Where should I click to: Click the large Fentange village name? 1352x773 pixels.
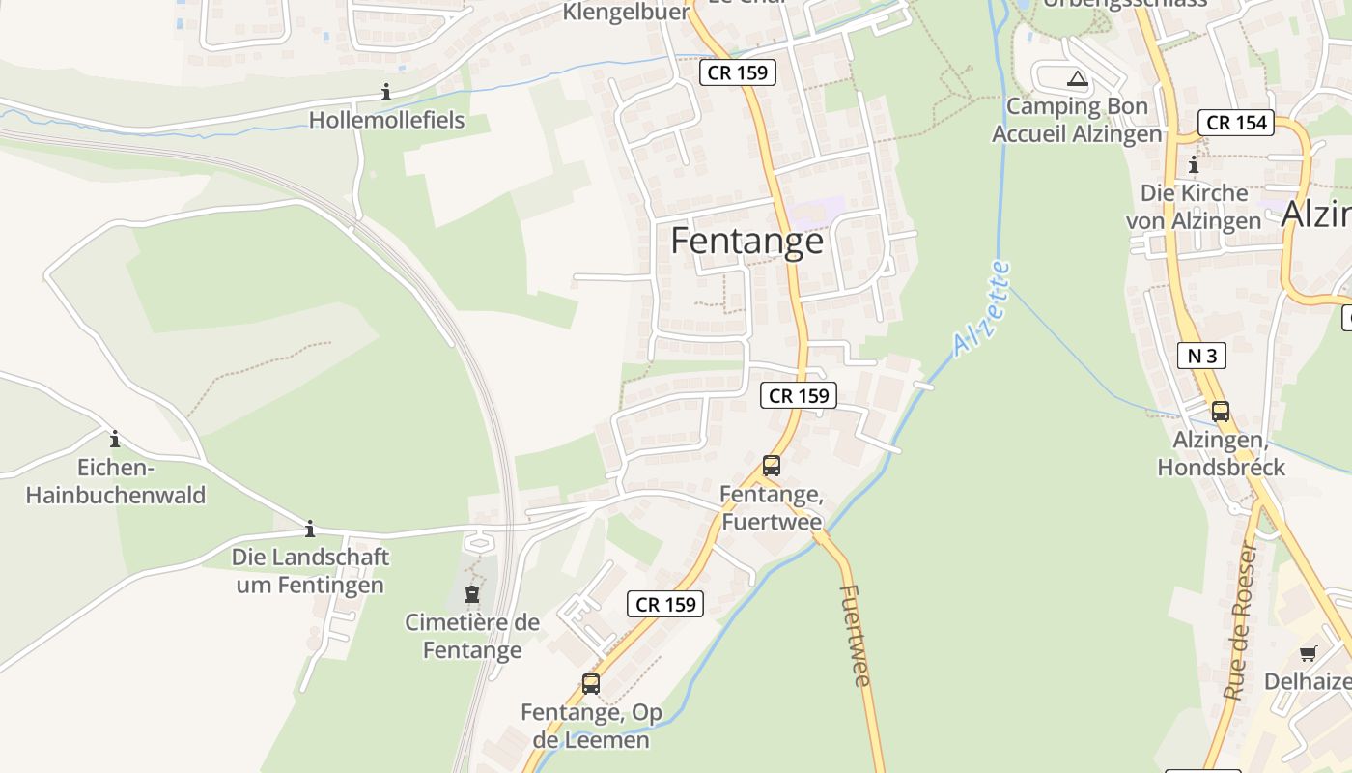click(x=746, y=241)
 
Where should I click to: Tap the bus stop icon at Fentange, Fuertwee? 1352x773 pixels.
click(x=771, y=465)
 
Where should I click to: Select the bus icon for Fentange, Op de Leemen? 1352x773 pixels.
click(x=590, y=683)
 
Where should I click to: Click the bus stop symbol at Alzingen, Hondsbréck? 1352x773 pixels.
click(x=1221, y=411)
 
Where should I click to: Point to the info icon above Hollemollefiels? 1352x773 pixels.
click(x=386, y=92)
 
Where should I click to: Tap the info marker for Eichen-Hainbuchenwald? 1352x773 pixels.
click(x=115, y=439)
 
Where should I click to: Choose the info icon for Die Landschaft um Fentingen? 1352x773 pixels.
click(x=310, y=529)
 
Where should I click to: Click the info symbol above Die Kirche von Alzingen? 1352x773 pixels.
click(x=1194, y=165)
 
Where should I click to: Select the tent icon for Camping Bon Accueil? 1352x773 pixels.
click(x=1077, y=78)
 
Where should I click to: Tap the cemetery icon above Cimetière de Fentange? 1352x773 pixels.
click(x=472, y=593)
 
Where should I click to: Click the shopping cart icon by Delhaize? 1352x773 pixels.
click(x=1308, y=653)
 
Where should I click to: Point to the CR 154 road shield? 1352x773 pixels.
click(x=1237, y=123)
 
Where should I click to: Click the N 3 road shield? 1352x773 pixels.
click(x=1201, y=356)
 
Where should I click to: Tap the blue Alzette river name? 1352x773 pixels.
click(x=981, y=308)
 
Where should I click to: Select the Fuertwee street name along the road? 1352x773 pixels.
click(x=856, y=635)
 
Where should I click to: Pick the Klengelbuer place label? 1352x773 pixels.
click(x=626, y=13)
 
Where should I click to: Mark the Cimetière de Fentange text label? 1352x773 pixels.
click(x=472, y=636)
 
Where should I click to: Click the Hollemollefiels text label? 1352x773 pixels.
click(x=386, y=120)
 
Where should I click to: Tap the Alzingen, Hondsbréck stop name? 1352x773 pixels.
click(x=1221, y=454)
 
